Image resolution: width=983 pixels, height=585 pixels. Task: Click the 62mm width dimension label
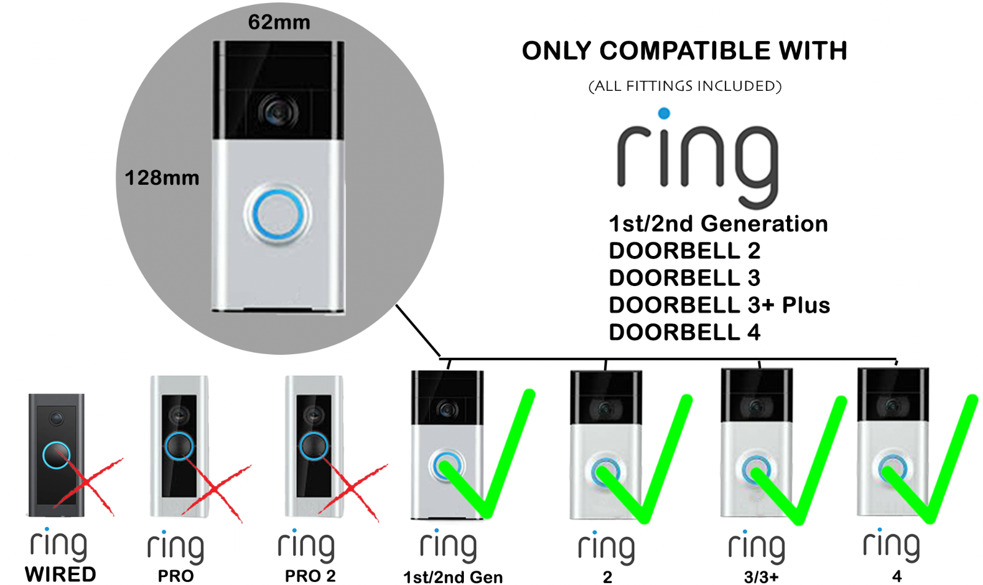pos(279,22)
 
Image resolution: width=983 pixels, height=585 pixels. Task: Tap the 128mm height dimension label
pos(162,178)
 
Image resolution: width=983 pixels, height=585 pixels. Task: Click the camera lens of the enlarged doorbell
pos(278,112)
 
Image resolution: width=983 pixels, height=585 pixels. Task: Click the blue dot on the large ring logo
pos(664,113)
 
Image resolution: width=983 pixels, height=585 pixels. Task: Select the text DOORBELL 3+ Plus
pos(719,305)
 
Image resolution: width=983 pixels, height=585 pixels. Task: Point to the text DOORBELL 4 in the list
pos(684,332)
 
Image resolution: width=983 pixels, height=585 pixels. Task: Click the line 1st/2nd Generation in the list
pos(718,223)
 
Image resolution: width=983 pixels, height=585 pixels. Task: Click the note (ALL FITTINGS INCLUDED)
pos(684,86)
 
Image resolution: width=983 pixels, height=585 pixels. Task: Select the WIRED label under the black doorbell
pos(60,575)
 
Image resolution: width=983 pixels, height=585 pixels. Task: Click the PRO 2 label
pos(310,576)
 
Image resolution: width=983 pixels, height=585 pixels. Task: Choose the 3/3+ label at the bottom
pos(761,576)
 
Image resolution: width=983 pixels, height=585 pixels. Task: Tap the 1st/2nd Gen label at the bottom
pos(453,577)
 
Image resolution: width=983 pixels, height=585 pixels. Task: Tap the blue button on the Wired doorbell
pos(56,455)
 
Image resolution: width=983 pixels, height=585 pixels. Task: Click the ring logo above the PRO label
pos(176,546)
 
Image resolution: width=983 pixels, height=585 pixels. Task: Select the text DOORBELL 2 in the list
pos(684,250)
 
